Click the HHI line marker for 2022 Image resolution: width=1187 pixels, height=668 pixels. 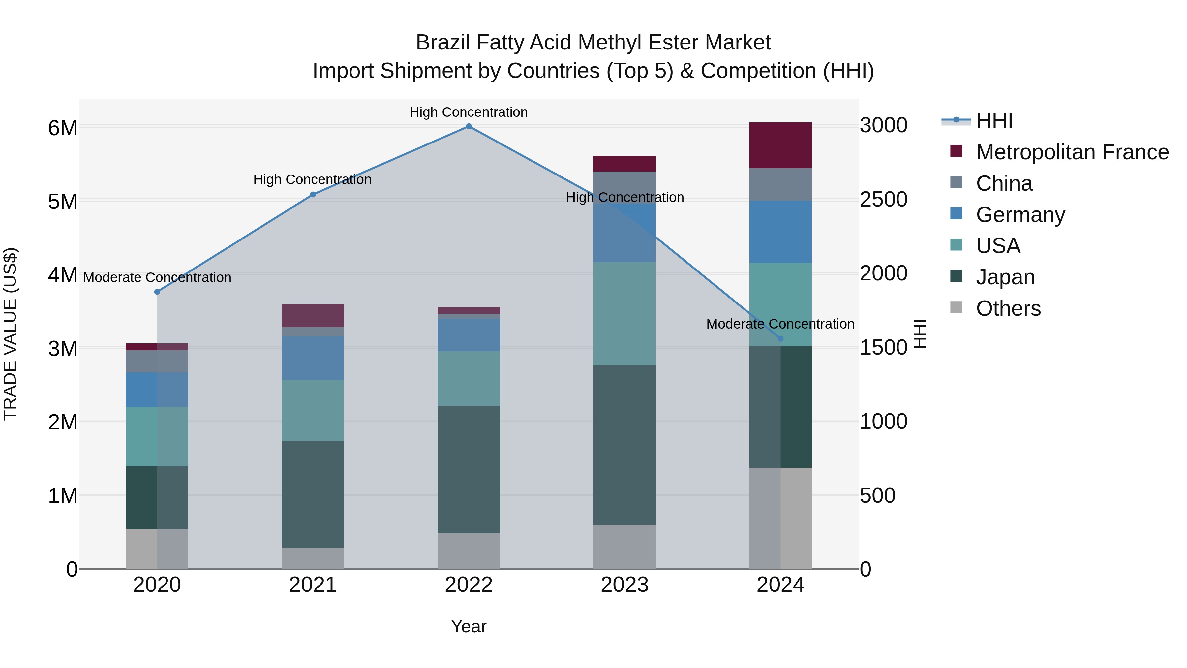pos(469,126)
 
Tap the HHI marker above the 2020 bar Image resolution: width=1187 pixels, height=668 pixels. pos(157,292)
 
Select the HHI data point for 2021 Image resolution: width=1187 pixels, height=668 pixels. pos(313,195)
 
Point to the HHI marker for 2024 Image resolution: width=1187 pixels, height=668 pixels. pos(780,339)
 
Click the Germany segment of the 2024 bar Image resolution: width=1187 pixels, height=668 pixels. pos(780,232)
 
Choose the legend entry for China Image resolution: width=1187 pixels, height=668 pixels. pos(1004,183)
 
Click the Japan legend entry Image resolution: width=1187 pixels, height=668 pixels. pos(1005,277)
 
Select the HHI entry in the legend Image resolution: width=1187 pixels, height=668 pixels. pos(994,121)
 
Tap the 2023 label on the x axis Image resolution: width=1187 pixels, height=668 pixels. pos(624,585)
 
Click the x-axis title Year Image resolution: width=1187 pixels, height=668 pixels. pos(469,626)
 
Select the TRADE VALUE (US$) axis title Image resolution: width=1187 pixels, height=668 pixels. pos(10,334)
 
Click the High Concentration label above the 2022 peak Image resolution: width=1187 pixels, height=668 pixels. pos(469,112)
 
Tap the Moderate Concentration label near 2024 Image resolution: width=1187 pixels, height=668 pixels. pos(780,324)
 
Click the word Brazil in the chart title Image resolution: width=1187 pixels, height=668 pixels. pos(443,43)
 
